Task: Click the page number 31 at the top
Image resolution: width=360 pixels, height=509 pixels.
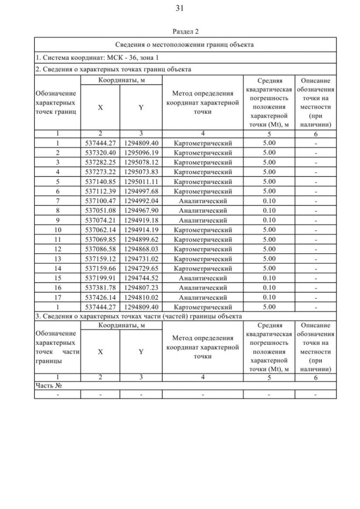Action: [180, 8]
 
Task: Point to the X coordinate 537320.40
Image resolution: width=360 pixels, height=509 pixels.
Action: [100, 152]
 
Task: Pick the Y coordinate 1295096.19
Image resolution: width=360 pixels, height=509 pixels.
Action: [141, 152]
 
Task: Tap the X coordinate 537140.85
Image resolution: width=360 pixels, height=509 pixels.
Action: [100, 181]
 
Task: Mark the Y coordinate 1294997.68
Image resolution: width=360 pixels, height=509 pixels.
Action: [141, 191]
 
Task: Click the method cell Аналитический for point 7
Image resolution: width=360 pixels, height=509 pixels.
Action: [202, 200]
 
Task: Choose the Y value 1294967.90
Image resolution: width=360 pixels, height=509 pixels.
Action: [141, 210]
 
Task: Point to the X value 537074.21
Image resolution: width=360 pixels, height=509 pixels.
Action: [100, 220]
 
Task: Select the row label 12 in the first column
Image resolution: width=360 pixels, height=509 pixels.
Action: [57, 249]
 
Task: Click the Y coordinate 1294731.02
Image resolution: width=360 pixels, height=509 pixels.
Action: [141, 259]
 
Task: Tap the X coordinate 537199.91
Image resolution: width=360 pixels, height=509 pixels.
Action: [100, 278]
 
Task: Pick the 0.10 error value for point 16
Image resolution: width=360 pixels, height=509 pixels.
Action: [269, 287]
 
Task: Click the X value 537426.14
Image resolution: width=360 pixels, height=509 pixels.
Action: [100, 297]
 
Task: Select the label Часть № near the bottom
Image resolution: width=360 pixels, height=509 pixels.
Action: [48, 385]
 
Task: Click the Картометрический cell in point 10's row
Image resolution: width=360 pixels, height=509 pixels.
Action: [202, 229]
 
